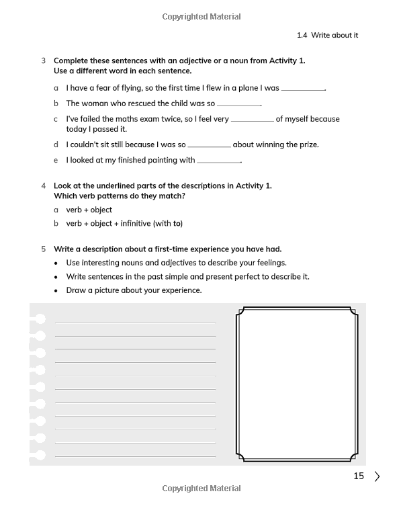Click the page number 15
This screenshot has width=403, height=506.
[x=359, y=476]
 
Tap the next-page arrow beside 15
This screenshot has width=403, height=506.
[x=377, y=476]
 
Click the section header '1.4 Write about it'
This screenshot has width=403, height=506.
[x=327, y=35]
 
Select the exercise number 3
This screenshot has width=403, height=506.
[x=44, y=60]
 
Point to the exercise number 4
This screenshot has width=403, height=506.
[x=44, y=185]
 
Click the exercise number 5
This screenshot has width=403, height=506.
[x=44, y=249]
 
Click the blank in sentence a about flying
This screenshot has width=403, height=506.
[x=302, y=89]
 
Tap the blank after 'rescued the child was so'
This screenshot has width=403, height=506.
[x=238, y=105]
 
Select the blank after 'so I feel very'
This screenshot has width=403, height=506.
[x=252, y=120]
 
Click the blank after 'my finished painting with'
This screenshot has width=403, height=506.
[x=218, y=161]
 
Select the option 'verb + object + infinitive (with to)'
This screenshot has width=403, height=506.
[x=124, y=223]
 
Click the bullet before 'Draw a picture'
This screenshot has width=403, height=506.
[x=56, y=291]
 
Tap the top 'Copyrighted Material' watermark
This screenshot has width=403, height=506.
[x=201, y=17]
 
